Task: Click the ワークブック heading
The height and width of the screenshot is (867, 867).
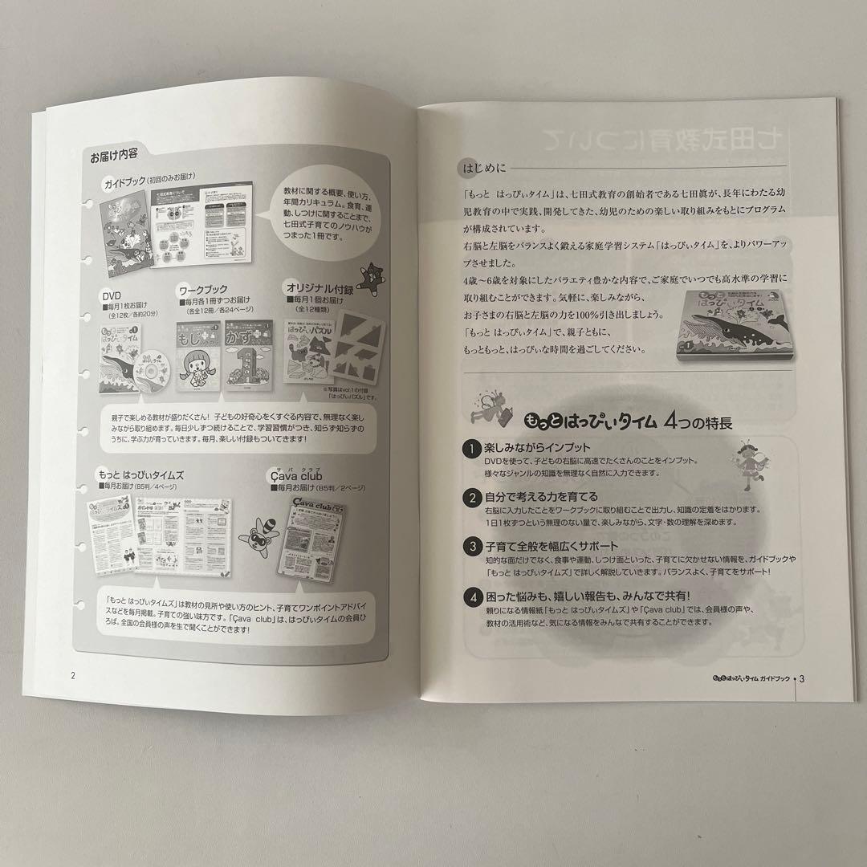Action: pyautogui.click(x=201, y=289)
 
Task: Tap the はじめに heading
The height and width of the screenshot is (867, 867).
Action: pyautogui.click(x=480, y=169)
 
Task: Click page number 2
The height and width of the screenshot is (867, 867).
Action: pyautogui.click(x=74, y=674)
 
